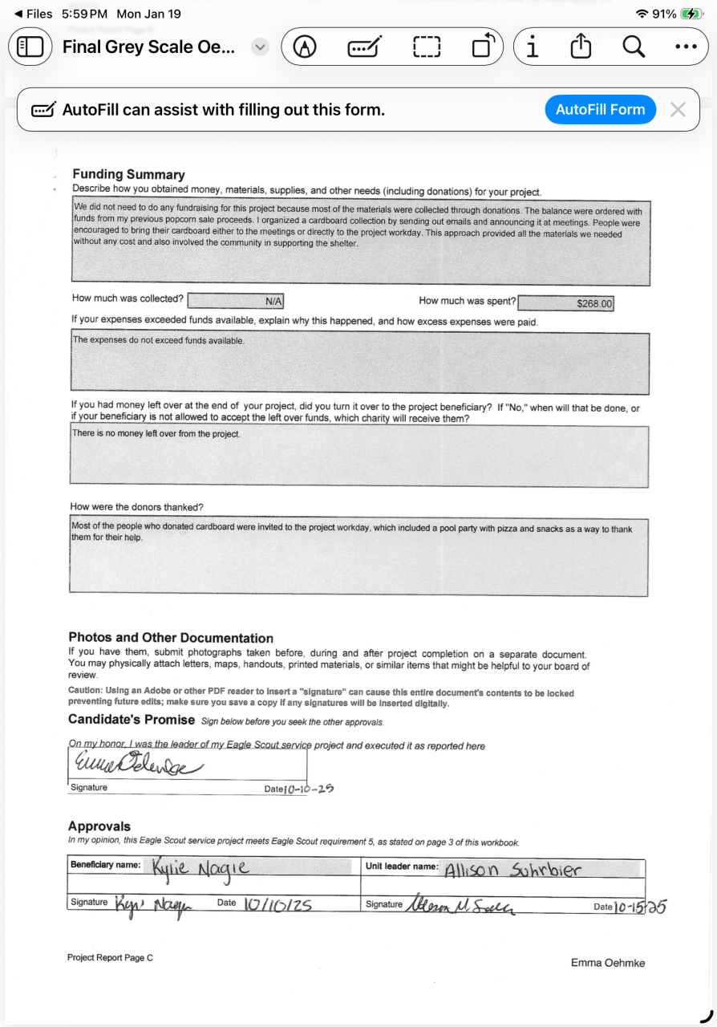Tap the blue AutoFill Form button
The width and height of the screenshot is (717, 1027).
tap(600, 110)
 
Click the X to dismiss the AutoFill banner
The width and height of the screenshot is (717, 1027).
tap(678, 110)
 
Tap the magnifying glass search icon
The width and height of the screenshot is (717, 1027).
tap(634, 47)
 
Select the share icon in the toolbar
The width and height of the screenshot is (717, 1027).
tap(581, 47)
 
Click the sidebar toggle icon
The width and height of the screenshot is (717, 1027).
tap(30, 47)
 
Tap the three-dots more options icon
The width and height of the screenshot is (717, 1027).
tap(686, 47)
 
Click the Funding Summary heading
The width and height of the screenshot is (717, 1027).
tap(128, 174)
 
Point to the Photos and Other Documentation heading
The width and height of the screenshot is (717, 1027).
tap(171, 638)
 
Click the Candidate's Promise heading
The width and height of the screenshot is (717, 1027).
tap(132, 719)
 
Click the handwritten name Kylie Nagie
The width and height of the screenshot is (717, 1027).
tap(200, 867)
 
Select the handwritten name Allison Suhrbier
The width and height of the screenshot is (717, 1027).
tap(512, 871)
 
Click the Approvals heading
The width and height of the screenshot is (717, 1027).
tap(99, 826)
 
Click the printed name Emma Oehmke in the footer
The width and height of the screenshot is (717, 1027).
tap(607, 963)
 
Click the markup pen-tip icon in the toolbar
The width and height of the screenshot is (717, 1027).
tap(305, 47)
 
